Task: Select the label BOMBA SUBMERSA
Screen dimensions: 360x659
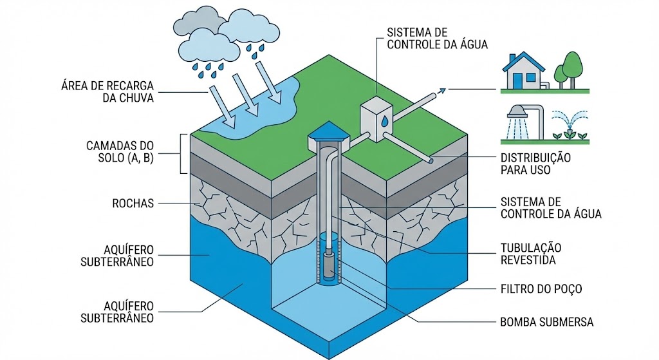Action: coord(546,321)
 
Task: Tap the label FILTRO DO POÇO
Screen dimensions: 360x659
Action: coord(541,289)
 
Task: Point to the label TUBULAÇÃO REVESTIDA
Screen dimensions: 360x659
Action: coord(531,254)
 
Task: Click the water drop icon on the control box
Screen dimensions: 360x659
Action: coord(384,120)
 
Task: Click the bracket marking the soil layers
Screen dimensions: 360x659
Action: coord(183,154)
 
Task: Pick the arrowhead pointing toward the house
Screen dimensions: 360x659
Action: coord(442,91)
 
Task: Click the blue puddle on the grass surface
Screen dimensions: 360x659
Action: coord(264,113)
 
